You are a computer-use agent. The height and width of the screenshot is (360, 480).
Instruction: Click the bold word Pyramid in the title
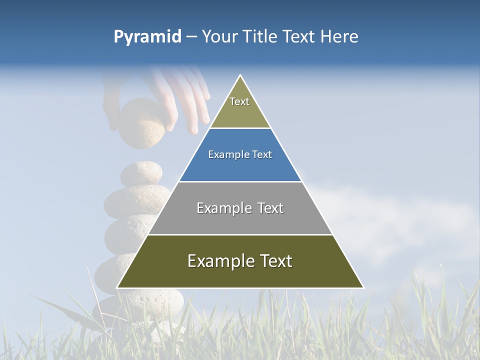(147, 37)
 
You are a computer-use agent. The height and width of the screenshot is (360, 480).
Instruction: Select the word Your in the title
(220, 37)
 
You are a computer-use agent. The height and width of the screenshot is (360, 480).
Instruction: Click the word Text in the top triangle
(239, 101)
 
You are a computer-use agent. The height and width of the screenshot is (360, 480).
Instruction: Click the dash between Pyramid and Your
(191, 37)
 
